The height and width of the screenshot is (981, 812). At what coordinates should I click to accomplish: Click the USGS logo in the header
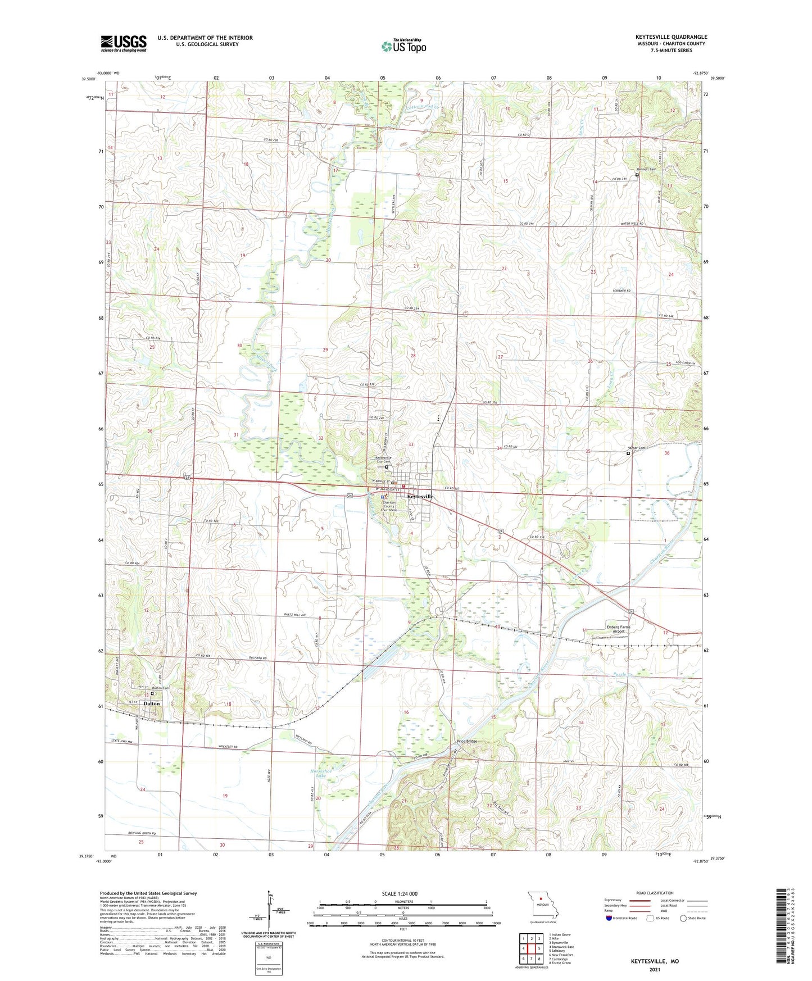tap(124, 43)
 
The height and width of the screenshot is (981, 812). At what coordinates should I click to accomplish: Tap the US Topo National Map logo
tap(403, 46)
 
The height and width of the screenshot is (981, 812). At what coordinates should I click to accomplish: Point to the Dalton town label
tap(151, 703)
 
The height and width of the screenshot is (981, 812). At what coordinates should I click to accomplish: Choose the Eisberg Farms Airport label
tap(618, 629)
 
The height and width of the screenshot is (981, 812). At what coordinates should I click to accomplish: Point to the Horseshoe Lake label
tap(317, 773)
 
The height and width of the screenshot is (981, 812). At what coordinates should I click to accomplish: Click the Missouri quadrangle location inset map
tap(542, 905)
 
